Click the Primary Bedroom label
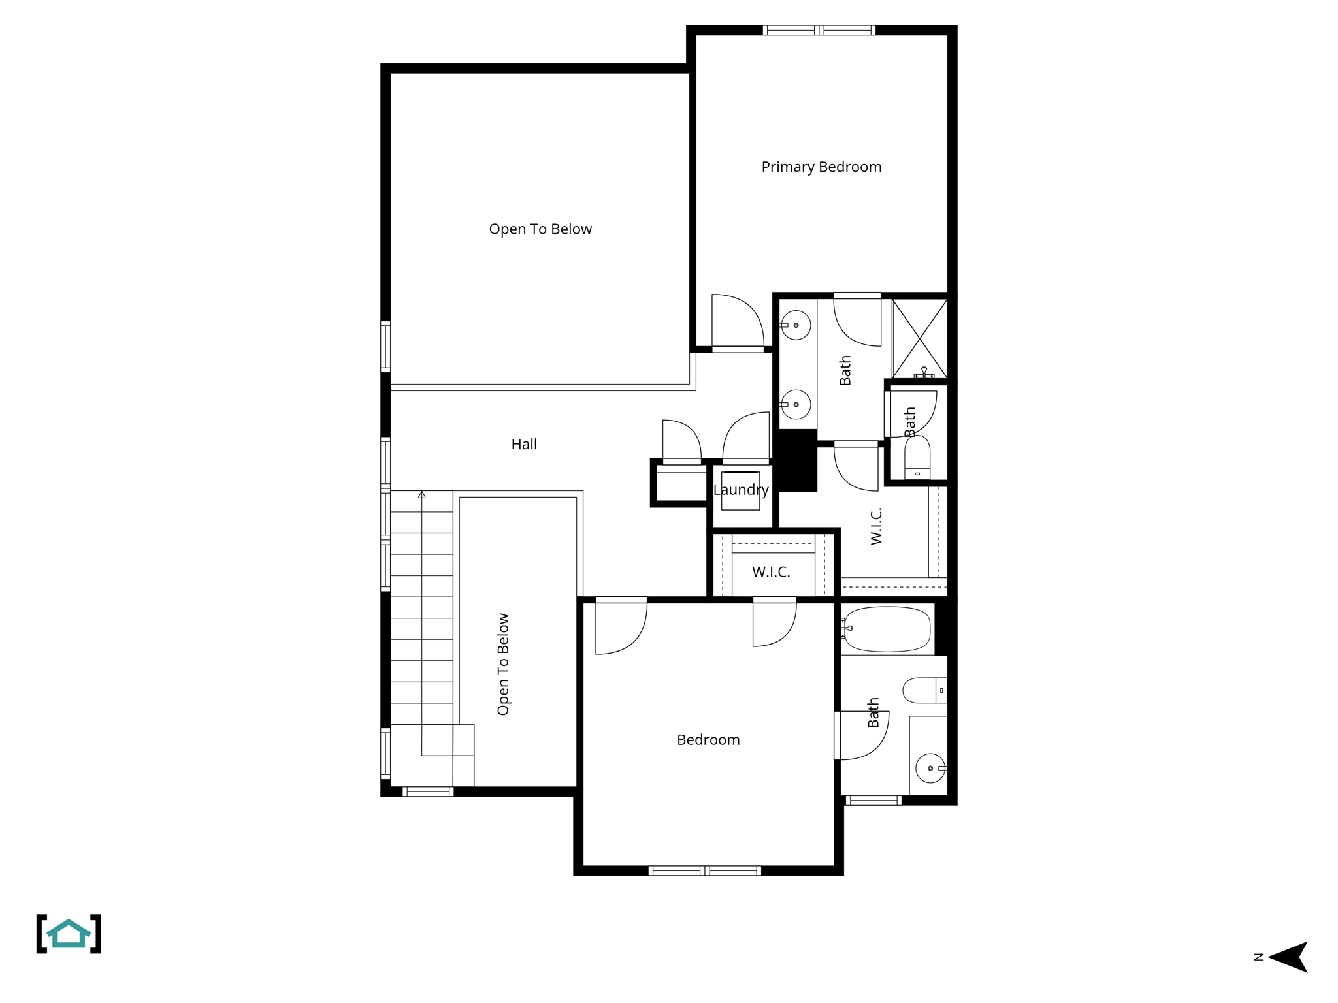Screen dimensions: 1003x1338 821,167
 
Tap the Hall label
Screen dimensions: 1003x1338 524,445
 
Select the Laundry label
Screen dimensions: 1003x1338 740,490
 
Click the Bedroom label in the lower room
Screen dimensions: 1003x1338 708,740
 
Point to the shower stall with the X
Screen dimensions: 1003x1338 920,338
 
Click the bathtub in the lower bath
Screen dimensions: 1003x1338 887,629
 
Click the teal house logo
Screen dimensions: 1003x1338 69,934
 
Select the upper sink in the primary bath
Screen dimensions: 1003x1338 796,325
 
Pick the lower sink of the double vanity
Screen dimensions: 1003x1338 796,405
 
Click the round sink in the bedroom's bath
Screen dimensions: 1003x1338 930,768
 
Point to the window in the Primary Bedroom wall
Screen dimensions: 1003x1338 819,30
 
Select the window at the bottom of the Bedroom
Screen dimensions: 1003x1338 704,870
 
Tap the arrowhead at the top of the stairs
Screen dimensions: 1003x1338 422,494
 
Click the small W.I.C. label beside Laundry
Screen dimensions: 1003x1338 771,573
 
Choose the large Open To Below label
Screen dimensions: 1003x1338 540,229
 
